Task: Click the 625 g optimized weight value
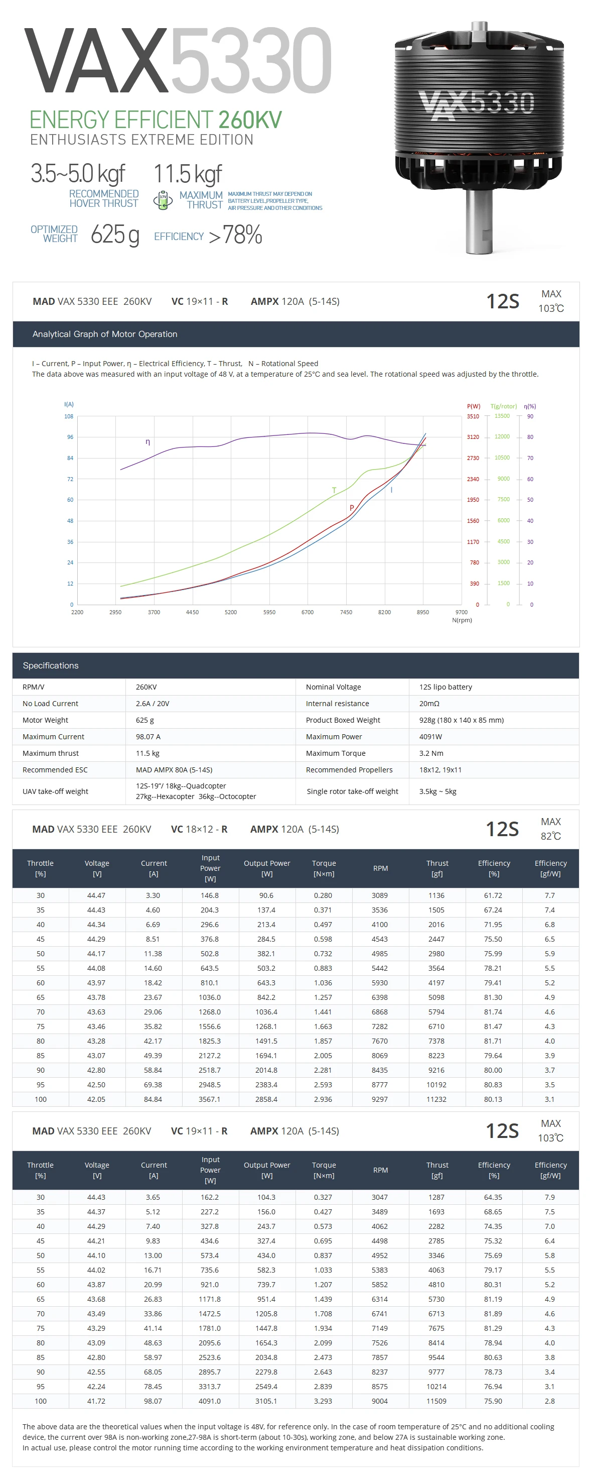pos(114,235)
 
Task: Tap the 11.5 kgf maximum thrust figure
pos(188,174)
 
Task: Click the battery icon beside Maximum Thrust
pos(163,200)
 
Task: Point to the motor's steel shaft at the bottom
pos(479,224)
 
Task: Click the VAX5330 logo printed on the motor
pos(477,104)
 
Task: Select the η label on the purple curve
pos(148,441)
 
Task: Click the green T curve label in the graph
pos(334,490)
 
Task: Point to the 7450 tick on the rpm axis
pos(346,612)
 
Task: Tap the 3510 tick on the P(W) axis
pos(473,416)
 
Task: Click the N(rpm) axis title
pos(462,620)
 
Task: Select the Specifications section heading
pos(51,665)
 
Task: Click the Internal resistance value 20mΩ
pos(429,704)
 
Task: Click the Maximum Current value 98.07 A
pos(148,737)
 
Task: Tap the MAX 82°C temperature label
pos(550,829)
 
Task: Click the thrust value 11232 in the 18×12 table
pos(436,1099)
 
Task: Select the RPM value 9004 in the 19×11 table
pos(380,1401)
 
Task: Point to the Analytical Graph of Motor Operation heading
pos(105,334)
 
